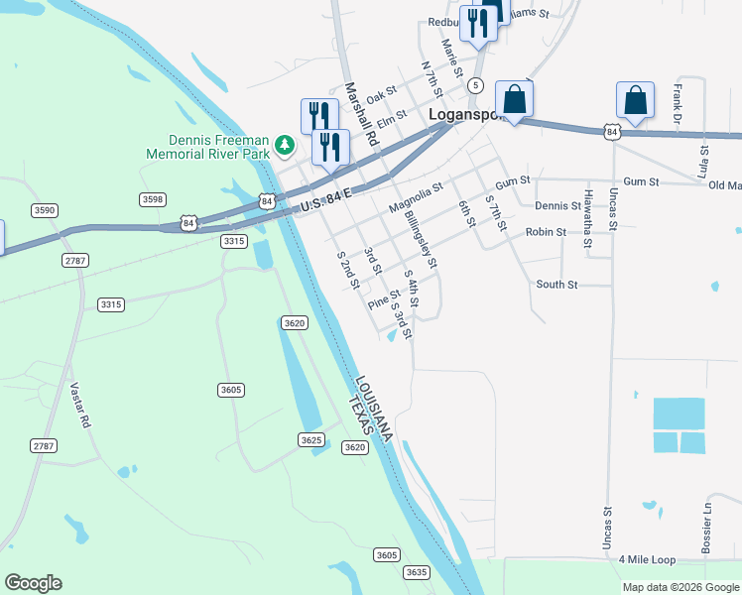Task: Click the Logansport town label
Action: [467, 114]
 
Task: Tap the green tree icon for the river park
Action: [286, 146]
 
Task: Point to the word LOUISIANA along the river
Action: [373, 408]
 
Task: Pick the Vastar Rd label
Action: [80, 406]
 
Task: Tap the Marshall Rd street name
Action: [359, 113]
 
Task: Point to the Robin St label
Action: [546, 232]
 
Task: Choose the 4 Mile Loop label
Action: [646, 560]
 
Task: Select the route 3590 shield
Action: [45, 210]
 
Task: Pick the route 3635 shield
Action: [417, 572]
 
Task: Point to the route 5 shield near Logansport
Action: [476, 86]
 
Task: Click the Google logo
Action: [33, 583]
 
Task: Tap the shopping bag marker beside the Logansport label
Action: [514, 99]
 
